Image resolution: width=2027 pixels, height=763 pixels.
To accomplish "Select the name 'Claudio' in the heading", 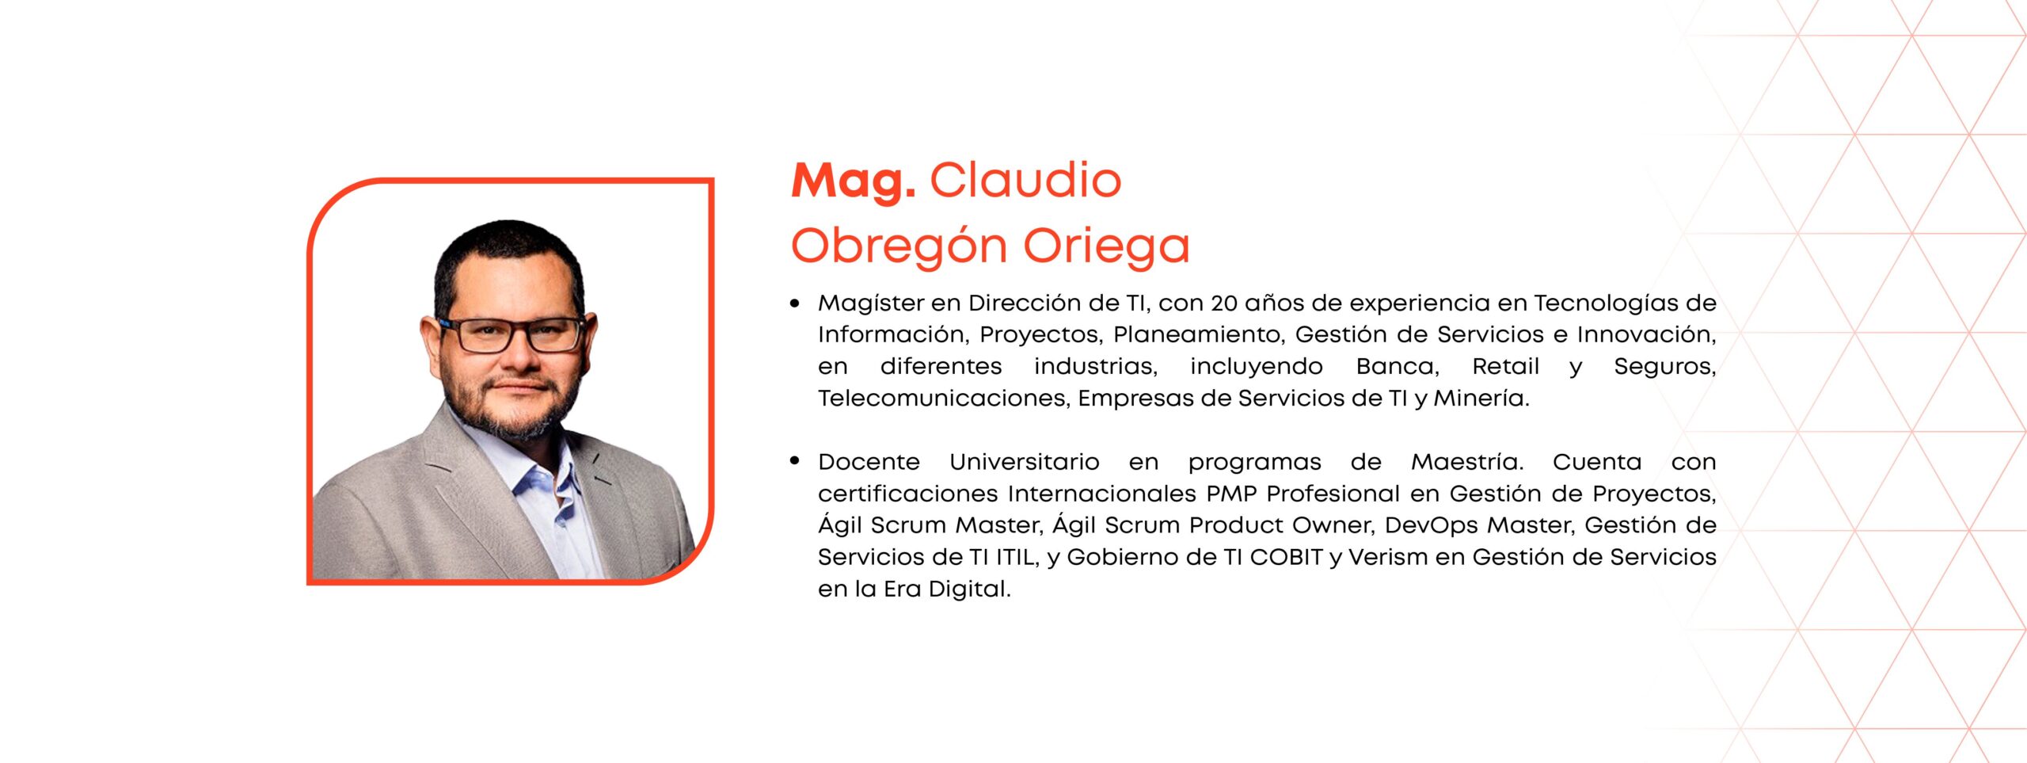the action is pos(1025,180).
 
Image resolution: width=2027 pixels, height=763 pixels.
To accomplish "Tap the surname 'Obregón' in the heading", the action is pos(899,246).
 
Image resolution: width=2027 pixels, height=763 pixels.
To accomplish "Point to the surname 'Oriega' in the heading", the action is pos(1107,246).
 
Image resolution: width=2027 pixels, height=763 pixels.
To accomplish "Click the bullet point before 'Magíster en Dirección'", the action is pos(795,303).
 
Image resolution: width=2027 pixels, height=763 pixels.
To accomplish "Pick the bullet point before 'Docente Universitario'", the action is pos(795,461).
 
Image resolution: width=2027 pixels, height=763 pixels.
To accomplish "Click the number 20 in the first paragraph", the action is pos(1223,303).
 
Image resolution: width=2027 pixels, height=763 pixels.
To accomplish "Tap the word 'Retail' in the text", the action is pos(1505,366).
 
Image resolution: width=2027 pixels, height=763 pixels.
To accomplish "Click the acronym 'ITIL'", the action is pos(1016,557).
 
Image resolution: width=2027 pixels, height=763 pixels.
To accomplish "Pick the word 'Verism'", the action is pos(1388,557).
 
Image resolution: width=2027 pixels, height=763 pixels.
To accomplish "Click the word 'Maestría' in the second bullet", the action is pos(1467,462).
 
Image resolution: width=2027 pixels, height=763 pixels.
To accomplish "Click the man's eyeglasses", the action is pos(515,334).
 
